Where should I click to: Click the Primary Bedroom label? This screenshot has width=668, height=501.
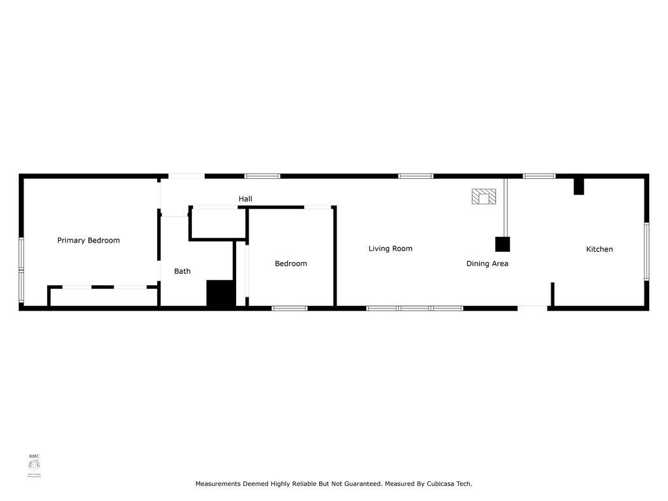click(x=89, y=240)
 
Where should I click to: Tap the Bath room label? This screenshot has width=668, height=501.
click(x=182, y=271)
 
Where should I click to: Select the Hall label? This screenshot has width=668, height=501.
click(x=245, y=198)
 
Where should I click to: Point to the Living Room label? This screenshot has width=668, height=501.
click(x=390, y=248)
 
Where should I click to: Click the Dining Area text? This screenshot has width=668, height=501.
click(x=487, y=264)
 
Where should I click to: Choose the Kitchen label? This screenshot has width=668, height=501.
click(x=599, y=249)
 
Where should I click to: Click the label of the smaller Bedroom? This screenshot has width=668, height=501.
click(x=290, y=264)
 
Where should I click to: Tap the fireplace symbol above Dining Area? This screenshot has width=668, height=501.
click(x=483, y=196)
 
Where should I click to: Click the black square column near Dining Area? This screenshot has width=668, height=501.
click(x=502, y=244)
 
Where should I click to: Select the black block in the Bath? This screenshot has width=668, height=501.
click(x=220, y=294)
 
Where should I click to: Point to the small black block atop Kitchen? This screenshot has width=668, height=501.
click(x=578, y=185)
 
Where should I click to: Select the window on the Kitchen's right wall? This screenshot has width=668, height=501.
click(x=646, y=251)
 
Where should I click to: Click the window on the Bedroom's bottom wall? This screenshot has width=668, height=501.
click(x=290, y=308)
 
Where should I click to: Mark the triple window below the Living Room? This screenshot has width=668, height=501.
click(x=415, y=308)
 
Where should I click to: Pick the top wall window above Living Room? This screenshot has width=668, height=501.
click(x=416, y=175)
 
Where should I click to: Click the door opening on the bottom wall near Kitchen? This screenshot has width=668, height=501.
click(x=532, y=307)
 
